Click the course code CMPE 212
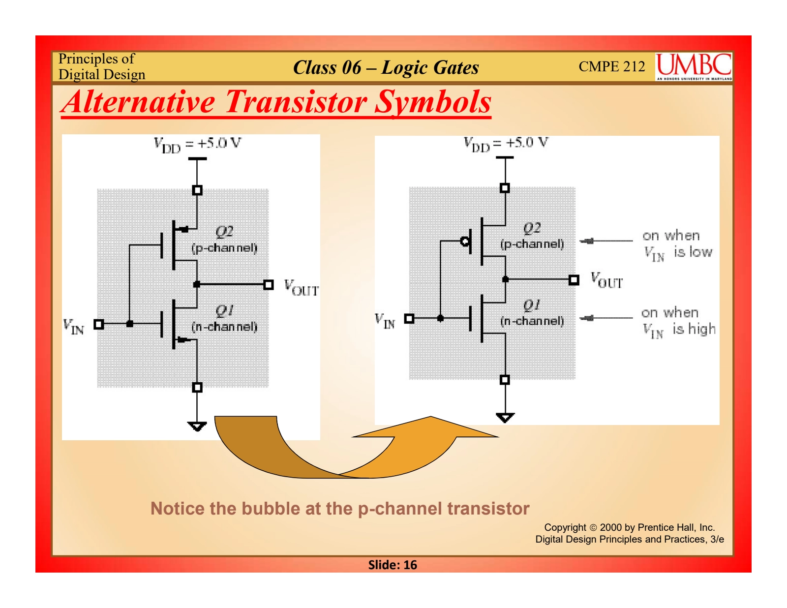coord(611,66)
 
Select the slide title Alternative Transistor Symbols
coord(276,102)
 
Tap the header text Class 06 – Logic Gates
coord(386,67)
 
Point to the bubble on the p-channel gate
coord(464,241)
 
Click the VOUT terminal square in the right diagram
coord(574,279)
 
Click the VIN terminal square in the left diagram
coord(99,324)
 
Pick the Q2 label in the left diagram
coord(224,231)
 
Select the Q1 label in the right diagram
coord(531,305)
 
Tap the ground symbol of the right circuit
coord(505,418)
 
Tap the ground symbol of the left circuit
coord(197,426)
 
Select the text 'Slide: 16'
coord(393,565)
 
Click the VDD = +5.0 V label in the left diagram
coord(197,145)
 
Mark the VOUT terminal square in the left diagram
coord(269,284)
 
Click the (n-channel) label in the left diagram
coord(224,327)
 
